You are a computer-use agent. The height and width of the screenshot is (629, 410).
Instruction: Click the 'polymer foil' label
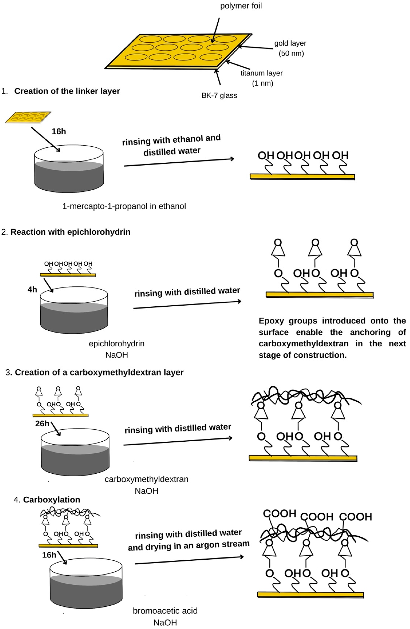241,6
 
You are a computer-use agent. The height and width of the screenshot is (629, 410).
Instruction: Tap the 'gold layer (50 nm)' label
290,48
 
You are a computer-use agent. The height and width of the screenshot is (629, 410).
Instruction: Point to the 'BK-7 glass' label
219,95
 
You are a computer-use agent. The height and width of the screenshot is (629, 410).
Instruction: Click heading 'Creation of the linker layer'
67,91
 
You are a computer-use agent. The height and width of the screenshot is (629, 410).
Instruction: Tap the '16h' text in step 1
59,131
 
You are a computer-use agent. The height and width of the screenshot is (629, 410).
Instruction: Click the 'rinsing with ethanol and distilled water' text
171,145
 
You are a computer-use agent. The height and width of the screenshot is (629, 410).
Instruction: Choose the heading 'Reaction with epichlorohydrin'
70,232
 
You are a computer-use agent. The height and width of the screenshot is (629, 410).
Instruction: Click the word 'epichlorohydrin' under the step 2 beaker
117,344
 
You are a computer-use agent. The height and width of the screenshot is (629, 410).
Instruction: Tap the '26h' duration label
42,424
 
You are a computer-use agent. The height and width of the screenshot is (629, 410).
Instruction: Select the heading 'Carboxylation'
52,500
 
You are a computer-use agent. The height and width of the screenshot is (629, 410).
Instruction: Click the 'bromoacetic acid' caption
165,611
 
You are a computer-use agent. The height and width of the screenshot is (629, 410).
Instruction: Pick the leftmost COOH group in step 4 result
279,514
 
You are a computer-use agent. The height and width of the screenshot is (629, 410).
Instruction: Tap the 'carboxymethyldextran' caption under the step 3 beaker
146,479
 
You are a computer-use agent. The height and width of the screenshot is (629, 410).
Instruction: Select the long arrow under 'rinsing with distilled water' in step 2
187,305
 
